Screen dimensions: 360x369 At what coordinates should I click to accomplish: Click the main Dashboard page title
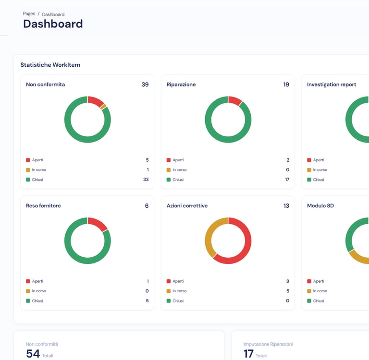point(53,24)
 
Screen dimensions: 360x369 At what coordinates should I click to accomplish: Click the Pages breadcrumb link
point(29,13)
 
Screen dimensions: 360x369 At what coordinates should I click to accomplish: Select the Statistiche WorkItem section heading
point(50,64)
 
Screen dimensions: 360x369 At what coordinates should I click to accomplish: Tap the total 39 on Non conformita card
point(145,84)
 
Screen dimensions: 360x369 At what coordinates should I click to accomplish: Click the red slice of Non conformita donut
point(96,101)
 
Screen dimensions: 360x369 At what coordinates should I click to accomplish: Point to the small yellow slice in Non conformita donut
point(103,107)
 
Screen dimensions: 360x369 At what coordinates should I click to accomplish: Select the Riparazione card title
point(181,84)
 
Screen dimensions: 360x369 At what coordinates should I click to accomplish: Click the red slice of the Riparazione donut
point(235,100)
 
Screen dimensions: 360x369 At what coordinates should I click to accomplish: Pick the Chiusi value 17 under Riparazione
point(287,180)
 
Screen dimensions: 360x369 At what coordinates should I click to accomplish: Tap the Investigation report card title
point(332,84)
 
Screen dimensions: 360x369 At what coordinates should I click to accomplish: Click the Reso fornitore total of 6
point(147,205)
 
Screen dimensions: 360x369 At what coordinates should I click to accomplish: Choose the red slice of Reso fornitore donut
point(98,223)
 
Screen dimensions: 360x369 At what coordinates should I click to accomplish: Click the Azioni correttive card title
point(187,205)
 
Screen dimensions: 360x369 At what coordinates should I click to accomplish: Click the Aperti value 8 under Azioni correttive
point(287,281)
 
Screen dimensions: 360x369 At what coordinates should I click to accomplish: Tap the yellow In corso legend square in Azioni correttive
point(169,291)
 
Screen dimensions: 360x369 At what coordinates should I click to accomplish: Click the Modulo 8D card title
point(320,205)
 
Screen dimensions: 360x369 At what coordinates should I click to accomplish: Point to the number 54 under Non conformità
point(33,354)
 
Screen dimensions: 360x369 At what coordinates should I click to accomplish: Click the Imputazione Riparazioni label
point(268,344)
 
